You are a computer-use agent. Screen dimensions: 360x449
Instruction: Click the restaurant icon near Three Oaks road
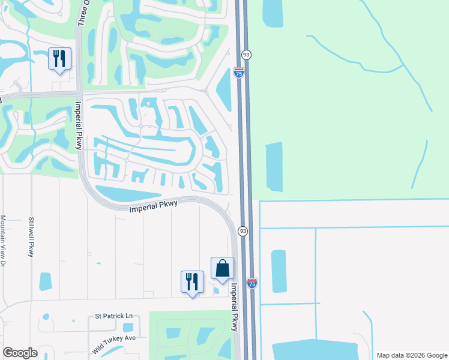pyautogui.click(x=59, y=59)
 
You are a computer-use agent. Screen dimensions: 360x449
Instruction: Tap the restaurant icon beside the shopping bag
pyautogui.click(x=192, y=281)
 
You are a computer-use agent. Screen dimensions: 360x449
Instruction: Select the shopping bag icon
pyautogui.click(x=222, y=268)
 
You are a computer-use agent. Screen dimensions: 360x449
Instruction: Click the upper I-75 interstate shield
pyautogui.click(x=239, y=73)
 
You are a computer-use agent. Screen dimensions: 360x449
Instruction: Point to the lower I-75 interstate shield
pyautogui.click(x=252, y=283)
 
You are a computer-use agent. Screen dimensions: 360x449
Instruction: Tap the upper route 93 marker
pyautogui.click(x=246, y=55)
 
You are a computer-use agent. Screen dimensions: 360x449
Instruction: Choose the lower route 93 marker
pyautogui.click(x=243, y=231)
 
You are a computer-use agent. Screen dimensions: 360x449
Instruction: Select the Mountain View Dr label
pyautogui.click(x=3, y=241)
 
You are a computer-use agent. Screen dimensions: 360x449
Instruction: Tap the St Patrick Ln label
pyautogui.click(x=113, y=316)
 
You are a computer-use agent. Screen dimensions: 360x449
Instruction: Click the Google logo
pyautogui.click(x=20, y=353)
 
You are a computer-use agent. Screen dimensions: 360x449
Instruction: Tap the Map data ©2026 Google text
pyautogui.click(x=411, y=355)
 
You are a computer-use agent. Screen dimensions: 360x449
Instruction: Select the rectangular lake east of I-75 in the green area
pyautogui.click(x=273, y=166)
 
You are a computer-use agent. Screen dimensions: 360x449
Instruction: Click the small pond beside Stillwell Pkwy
pyautogui.click(x=45, y=281)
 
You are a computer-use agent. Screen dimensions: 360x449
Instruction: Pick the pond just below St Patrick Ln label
pyautogui.click(x=127, y=328)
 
